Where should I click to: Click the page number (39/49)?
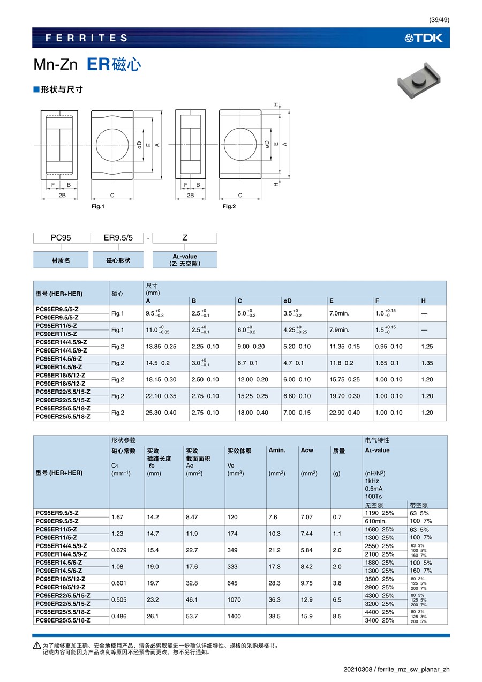click(439, 20)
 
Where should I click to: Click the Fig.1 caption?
click(97, 207)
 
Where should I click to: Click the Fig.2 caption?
click(229, 207)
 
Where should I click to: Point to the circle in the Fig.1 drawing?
click(112, 145)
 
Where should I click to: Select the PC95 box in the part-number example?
click(61, 238)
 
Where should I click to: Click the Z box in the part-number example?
click(185, 238)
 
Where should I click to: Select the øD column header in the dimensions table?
click(287, 301)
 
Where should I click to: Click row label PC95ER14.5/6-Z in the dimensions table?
click(59, 359)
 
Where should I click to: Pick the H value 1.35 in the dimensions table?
click(427, 363)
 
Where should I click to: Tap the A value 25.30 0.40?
click(161, 413)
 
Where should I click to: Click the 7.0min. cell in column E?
click(339, 314)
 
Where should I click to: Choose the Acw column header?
click(307, 451)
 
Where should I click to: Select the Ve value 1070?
click(234, 600)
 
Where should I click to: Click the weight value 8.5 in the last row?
click(336, 617)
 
